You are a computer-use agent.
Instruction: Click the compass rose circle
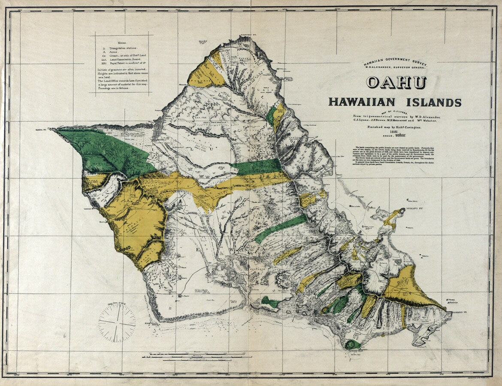click(x=117, y=322)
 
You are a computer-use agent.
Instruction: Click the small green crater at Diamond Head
click(x=353, y=344)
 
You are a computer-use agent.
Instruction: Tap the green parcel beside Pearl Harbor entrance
click(x=270, y=302)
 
